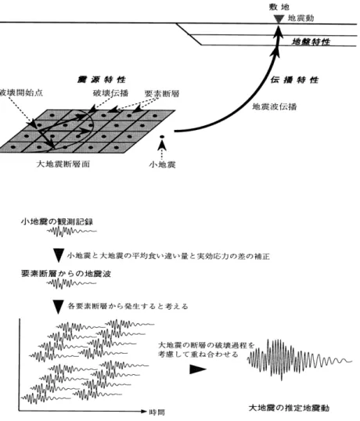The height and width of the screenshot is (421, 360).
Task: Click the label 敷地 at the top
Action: coord(279,7)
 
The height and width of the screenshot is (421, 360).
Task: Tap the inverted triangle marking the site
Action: coord(279,19)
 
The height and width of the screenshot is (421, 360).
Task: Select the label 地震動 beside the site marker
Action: coord(301,18)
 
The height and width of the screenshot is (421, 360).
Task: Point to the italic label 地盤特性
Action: coord(311,41)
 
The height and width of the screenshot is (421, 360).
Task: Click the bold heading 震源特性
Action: coord(102,80)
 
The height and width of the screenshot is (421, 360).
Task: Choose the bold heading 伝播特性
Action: coord(294,80)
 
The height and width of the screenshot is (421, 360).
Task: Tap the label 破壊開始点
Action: coord(21,92)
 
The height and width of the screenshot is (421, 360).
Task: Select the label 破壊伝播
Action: coord(110,93)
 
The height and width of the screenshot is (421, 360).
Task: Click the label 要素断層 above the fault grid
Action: coord(162,93)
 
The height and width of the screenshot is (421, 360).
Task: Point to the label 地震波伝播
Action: coord(275,106)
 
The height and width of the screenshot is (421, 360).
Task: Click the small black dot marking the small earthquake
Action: coord(162,137)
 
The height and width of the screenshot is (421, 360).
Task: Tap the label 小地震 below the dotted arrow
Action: coord(162,164)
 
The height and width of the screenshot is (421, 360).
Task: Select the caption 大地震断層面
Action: coord(63,164)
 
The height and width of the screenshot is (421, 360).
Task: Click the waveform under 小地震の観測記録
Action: coord(72,231)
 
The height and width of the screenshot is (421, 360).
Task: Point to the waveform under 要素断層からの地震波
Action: coord(71,283)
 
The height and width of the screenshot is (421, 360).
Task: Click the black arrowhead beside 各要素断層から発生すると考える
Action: coord(58,307)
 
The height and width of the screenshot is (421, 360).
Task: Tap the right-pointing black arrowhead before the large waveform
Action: coord(198,369)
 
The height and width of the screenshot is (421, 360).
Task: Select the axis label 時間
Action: coord(157,412)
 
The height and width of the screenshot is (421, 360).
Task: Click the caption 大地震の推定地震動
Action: coord(289,408)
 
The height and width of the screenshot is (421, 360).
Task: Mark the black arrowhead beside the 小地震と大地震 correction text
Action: coord(58,255)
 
